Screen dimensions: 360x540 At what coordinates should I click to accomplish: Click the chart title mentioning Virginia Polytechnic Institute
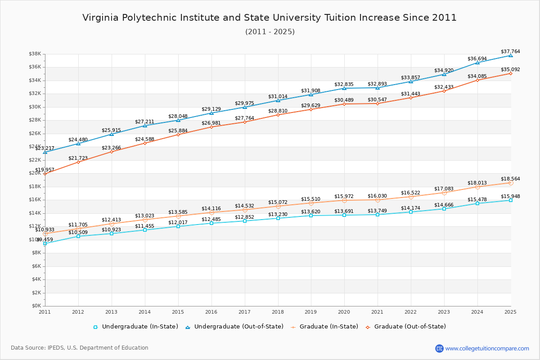click(270, 18)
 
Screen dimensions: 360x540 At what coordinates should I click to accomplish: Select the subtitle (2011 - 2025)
click(270, 32)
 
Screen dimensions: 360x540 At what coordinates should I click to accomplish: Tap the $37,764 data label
click(510, 52)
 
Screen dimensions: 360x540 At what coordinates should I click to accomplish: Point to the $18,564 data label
click(510, 179)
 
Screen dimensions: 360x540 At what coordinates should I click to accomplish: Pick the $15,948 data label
click(510, 196)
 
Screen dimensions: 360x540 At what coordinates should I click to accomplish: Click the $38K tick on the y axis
click(35, 54)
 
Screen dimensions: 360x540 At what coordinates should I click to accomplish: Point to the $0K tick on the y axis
click(36, 306)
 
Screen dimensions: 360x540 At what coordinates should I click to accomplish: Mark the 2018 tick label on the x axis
click(278, 312)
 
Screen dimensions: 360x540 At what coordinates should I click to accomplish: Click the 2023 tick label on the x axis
click(444, 312)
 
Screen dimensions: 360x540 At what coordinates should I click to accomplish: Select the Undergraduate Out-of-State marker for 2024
click(477, 63)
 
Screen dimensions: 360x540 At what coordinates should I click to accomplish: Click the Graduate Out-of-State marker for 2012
click(78, 162)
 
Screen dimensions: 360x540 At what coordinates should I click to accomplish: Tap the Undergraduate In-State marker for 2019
click(311, 216)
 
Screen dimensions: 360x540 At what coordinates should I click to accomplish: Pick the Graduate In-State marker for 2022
click(411, 197)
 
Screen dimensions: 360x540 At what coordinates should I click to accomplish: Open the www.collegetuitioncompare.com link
click(487, 348)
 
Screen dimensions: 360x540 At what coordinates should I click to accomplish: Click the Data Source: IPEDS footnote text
click(80, 348)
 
